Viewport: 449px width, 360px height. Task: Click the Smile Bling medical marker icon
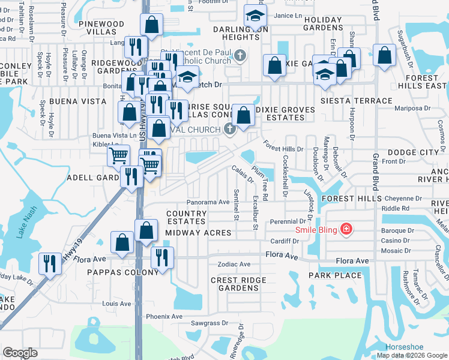(346, 229)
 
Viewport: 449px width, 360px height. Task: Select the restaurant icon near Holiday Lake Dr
(49, 263)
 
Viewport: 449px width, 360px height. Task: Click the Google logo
(20, 353)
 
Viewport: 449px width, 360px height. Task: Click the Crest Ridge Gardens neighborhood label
(238, 284)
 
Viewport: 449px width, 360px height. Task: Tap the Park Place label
(336, 275)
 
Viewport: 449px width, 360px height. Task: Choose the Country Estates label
(187, 217)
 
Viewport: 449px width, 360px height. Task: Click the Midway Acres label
(198, 233)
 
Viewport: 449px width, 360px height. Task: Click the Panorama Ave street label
(208, 202)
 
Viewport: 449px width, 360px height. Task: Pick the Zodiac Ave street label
(234, 264)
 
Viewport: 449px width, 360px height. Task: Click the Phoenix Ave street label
(164, 316)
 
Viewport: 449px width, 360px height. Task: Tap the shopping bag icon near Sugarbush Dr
(384, 55)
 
